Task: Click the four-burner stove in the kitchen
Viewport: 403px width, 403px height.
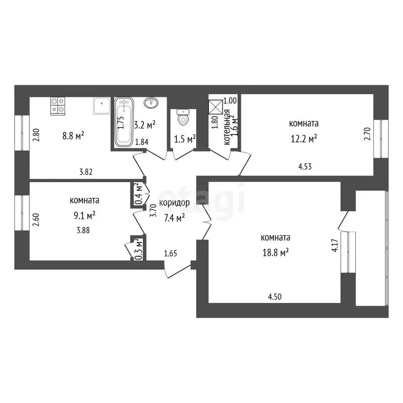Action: [57, 106]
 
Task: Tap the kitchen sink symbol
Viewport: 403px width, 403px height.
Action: [102, 106]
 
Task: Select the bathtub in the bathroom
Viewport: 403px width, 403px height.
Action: [124, 122]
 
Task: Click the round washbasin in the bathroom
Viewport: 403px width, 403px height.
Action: [151, 103]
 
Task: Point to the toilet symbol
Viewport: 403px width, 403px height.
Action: [183, 117]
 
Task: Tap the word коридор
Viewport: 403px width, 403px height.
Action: [174, 203]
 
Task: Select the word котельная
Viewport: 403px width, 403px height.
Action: [227, 127]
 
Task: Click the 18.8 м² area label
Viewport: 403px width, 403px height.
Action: [275, 253]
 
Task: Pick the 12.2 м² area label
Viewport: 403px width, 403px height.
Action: [304, 139]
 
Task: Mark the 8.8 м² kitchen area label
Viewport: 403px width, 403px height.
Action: [73, 136]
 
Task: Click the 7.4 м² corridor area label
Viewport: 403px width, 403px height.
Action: [174, 218]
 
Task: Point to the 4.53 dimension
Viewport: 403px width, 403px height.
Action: [305, 167]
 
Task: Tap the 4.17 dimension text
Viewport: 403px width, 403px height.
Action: [335, 246]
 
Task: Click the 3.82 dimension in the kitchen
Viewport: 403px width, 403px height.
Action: [86, 172]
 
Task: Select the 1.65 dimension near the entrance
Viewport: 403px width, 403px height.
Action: [171, 254]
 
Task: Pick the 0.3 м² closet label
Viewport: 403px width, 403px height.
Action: [139, 249]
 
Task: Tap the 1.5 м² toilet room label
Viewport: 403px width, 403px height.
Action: [185, 139]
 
